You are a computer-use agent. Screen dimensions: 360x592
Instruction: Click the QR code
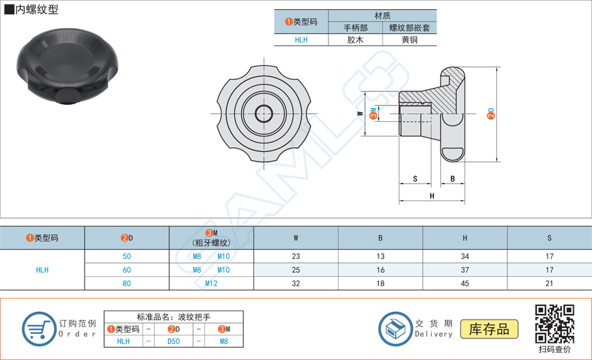tap(554, 323)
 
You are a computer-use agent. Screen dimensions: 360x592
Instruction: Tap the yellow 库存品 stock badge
tap(489, 329)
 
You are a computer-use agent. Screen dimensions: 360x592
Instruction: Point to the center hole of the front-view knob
tap(264, 114)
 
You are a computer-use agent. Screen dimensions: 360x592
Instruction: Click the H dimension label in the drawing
tap(432, 196)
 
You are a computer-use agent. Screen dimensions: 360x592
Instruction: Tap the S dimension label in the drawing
tap(415, 178)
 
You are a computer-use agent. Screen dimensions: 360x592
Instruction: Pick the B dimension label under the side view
tap(452, 178)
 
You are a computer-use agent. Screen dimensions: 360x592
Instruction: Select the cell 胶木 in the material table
tap(355, 40)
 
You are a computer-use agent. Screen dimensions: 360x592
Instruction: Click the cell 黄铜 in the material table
tap(409, 40)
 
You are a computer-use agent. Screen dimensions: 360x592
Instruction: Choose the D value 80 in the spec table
tap(127, 283)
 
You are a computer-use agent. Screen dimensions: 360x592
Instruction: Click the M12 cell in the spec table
tap(211, 283)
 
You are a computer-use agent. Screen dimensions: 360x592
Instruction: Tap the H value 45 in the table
tap(464, 283)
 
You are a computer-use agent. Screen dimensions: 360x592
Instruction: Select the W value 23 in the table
tap(296, 256)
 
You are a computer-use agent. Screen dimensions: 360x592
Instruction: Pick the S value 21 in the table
tap(549, 283)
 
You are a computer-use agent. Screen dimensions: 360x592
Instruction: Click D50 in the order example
tap(174, 340)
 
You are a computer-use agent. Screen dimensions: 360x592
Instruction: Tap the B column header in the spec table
tap(381, 238)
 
